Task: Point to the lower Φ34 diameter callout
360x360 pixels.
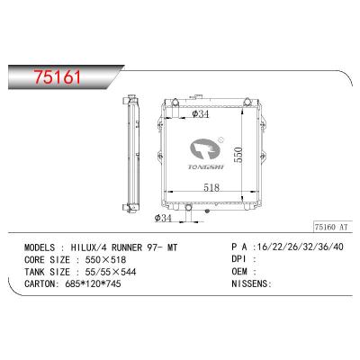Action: (x=165, y=217)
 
